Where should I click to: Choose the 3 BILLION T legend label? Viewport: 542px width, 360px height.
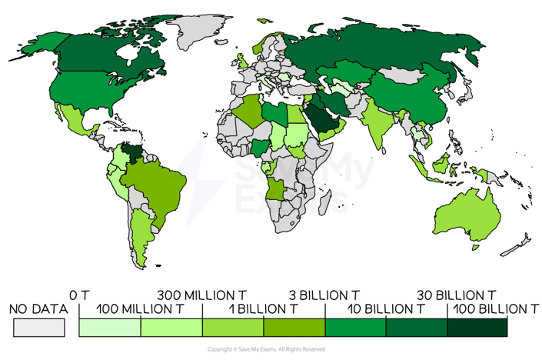(x=325, y=295)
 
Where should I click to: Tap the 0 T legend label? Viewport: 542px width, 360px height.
(x=80, y=295)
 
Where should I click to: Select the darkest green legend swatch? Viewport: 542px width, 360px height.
(x=477, y=328)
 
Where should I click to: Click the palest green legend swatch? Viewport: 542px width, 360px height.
(x=110, y=328)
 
